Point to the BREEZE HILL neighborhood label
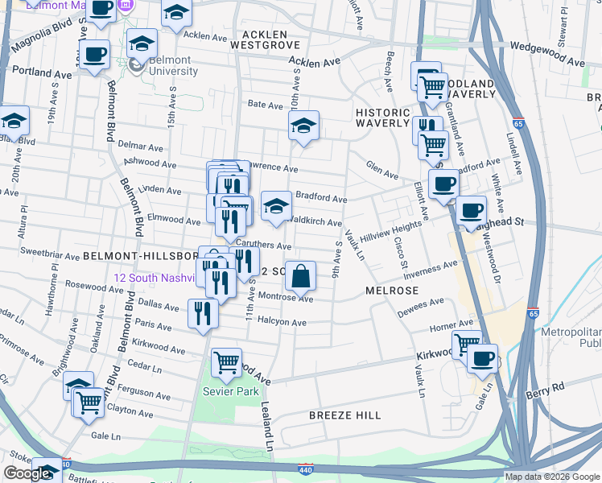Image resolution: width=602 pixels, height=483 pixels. pos(345,415)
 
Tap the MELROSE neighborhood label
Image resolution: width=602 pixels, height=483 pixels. pos(392,290)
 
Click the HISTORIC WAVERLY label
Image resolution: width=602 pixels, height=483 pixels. pos(383,118)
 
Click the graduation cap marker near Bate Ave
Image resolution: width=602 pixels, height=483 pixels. pos(303,126)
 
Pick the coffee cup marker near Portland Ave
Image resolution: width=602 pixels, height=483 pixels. pos(95,54)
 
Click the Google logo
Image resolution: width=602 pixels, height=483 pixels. pos(27,474)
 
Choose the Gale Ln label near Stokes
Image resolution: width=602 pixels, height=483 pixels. pos(105,436)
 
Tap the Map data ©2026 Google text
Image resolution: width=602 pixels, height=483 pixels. pos(552,477)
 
